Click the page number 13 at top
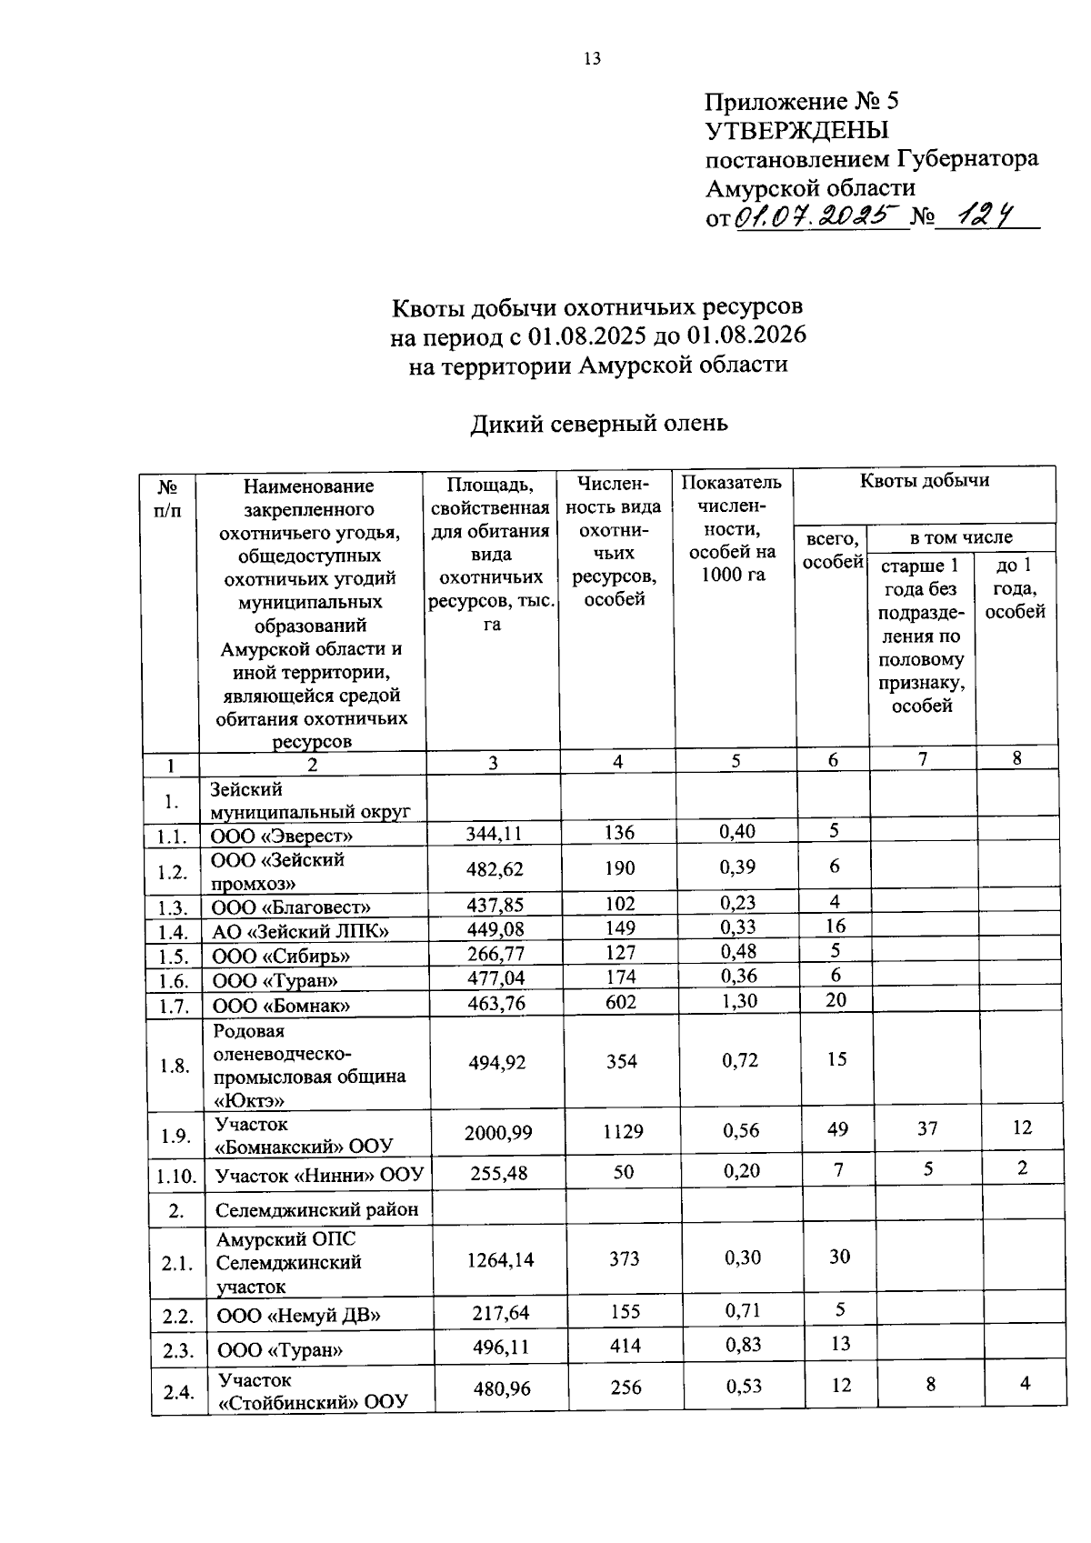pyautogui.click(x=592, y=59)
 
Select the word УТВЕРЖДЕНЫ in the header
pyautogui.click(x=797, y=130)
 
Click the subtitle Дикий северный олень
pyautogui.click(x=598, y=424)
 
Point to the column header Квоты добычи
pyautogui.click(x=925, y=480)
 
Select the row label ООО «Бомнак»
pyautogui.click(x=282, y=1005)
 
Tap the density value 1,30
pyautogui.click(x=738, y=1001)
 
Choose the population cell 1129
pyautogui.click(x=623, y=1131)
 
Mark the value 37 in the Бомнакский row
pyautogui.click(x=926, y=1128)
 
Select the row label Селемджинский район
pyautogui.click(x=317, y=1210)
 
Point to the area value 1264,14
pyautogui.click(x=500, y=1259)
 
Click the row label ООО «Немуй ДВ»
pyautogui.click(x=298, y=1315)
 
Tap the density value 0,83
pyautogui.click(x=743, y=1345)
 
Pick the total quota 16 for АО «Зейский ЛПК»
pyautogui.click(x=836, y=926)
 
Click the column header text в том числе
pyautogui.click(x=961, y=537)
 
